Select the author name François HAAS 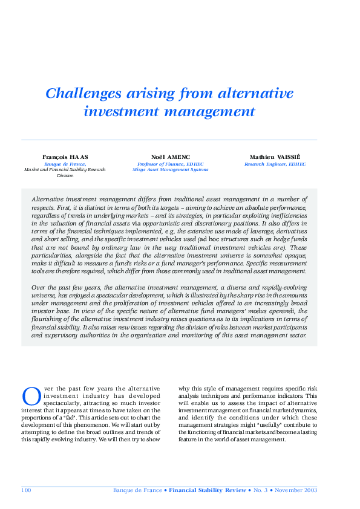[65, 157]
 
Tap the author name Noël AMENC [170, 157]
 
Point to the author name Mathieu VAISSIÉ [275, 157]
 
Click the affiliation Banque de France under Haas [65, 163]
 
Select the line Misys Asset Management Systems [170, 170]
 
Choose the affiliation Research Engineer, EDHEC [275, 163]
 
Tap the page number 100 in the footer [26, 490]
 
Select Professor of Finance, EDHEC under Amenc [170, 163]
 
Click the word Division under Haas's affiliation [65, 176]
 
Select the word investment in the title [124, 111]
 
